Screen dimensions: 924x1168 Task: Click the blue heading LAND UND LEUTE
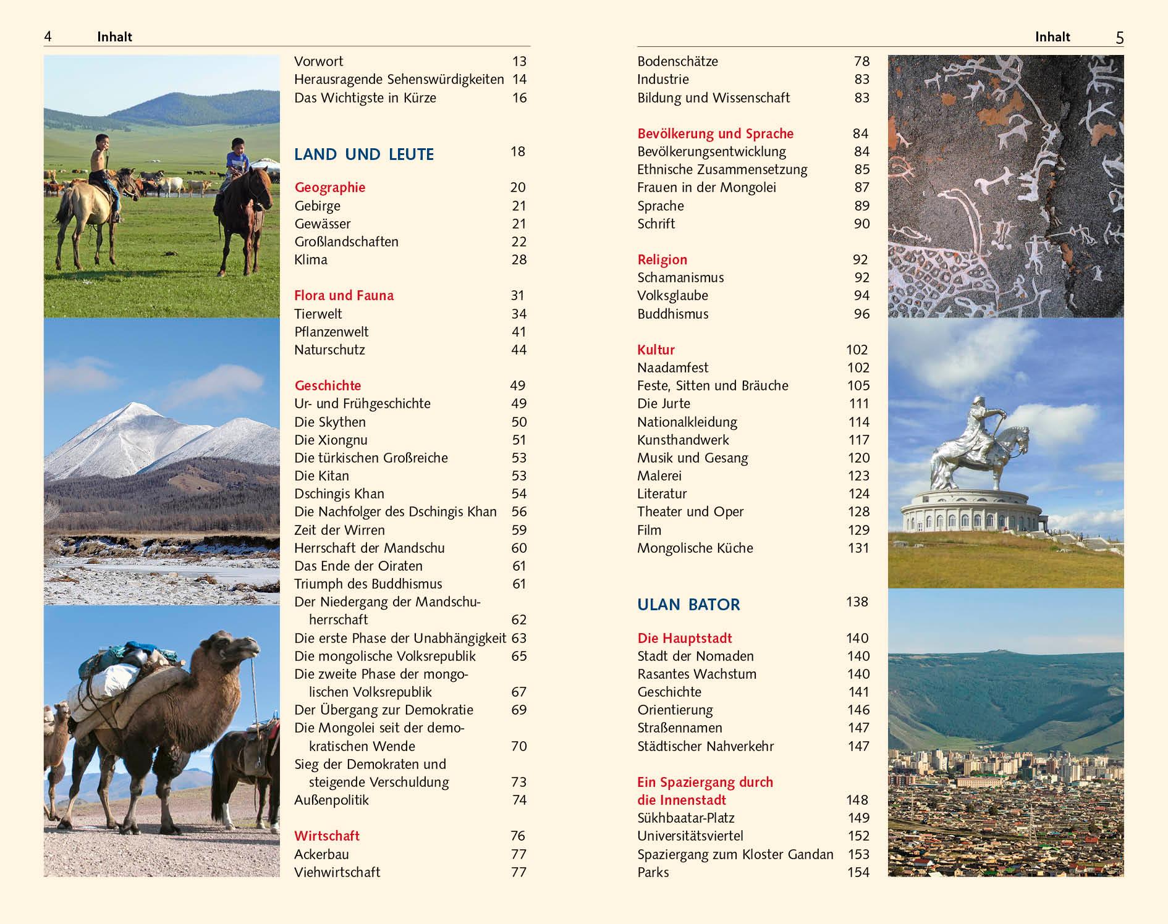[364, 154]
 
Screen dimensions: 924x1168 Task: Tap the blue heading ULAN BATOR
[688, 604]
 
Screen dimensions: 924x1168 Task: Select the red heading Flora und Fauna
[344, 295]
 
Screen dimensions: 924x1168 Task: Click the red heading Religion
[662, 259]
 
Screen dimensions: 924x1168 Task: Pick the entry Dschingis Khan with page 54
[339, 493]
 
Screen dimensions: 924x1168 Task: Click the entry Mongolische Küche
[695, 548]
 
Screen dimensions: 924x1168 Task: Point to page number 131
[858, 548]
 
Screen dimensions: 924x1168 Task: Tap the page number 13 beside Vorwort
[519, 61]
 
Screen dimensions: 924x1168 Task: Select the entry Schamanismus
[680, 277]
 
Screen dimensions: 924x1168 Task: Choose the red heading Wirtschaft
[326, 836]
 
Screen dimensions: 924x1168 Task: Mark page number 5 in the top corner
[1119, 38]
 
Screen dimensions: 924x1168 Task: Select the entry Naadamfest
[672, 367]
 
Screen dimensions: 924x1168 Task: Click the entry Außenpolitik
[331, 800]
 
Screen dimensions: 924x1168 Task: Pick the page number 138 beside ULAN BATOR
[857, 602]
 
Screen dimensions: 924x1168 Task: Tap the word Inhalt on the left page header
[114, 37]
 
